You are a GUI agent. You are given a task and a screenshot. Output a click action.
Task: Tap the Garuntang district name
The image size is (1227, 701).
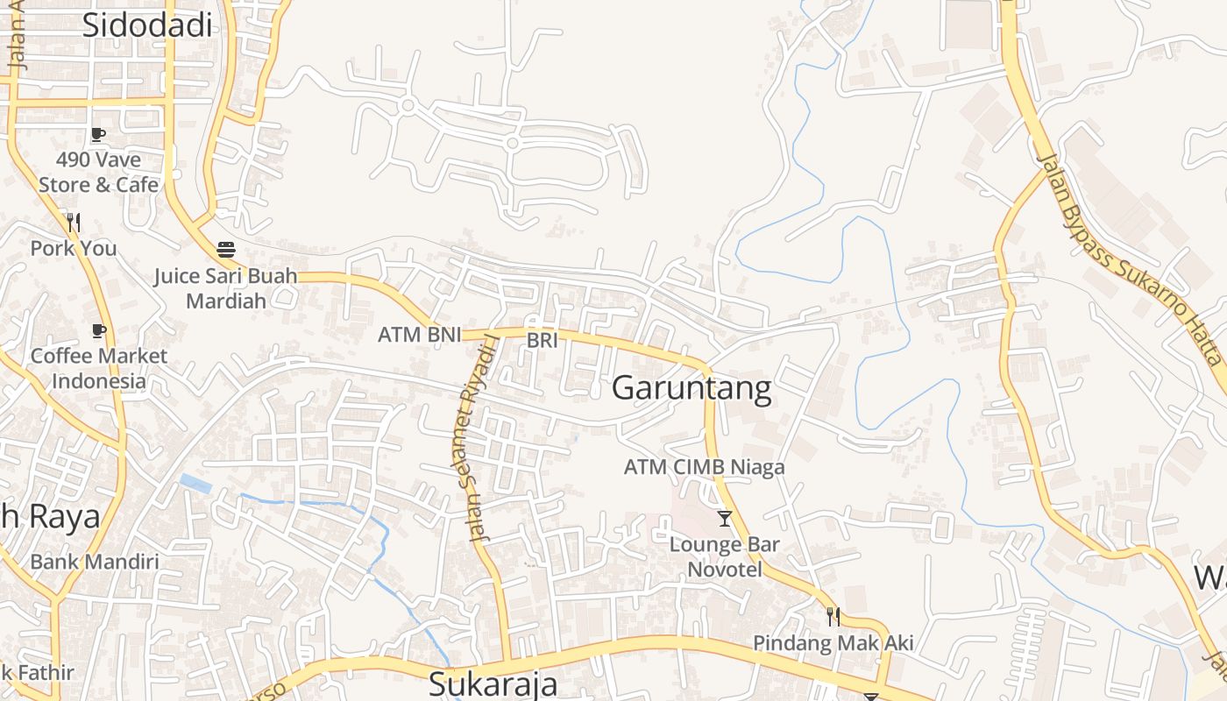click(692, 387)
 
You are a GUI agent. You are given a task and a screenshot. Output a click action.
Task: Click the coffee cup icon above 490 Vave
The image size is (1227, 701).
click(98, 135)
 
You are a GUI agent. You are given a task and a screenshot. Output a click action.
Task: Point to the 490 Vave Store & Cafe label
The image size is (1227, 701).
click(98, 173)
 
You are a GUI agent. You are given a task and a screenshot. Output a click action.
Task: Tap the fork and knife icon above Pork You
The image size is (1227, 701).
click(74, 223)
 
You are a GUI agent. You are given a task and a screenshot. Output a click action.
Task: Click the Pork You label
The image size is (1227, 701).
click(74, 248)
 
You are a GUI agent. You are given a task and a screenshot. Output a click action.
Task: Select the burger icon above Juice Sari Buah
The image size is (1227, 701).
click(226, 250)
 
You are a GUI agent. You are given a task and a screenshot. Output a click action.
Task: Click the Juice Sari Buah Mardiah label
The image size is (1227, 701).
click(225, 288)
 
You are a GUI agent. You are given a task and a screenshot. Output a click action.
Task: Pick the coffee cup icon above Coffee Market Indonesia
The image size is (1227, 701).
click(98, 331)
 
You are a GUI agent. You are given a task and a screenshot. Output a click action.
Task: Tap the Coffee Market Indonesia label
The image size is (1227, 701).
click(98, 368)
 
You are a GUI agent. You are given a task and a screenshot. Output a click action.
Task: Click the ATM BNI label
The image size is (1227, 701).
click(419, 335)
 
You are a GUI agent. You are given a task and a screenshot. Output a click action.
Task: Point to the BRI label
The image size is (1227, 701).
click(542, 340)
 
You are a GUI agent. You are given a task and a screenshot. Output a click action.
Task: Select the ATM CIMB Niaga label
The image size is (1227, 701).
click(704, 467)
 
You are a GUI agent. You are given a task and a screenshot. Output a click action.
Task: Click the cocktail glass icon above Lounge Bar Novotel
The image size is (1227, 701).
click(724, 519)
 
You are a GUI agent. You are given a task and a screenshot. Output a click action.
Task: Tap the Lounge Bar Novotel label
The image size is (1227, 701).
click(724, 556)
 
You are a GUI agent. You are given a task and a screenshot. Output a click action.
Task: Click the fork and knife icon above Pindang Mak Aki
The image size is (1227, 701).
click(833, 617)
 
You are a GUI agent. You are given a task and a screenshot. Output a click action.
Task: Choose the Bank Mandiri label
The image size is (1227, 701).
click(95, 561)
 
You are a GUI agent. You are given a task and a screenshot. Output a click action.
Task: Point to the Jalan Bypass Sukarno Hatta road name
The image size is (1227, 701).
click(1129, 259)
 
